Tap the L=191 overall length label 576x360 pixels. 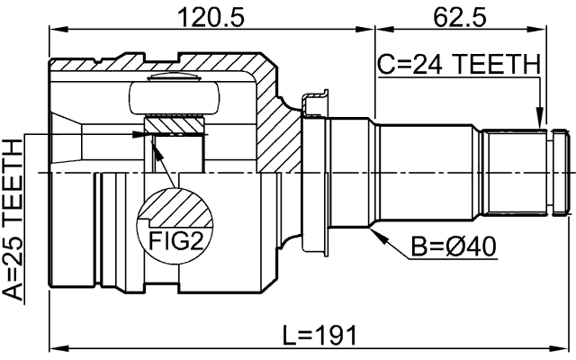tap(319, 336)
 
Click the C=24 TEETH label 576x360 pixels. tap(458, 65)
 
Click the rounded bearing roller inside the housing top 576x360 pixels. tap(175, 95)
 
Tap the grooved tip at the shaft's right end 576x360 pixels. tap(560, 170)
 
